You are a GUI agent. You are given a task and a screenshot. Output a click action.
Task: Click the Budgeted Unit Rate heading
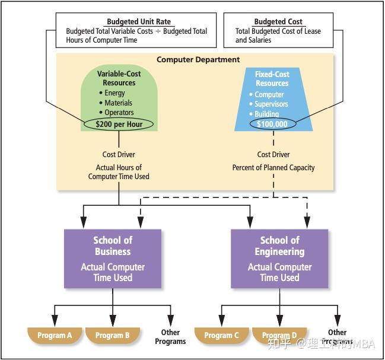click(138, 22)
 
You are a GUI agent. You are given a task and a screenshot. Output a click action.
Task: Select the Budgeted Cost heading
click(278, 22)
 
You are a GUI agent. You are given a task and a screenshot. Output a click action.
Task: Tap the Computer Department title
click(198, 59)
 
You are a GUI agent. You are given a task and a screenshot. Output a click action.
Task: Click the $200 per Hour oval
click(119, 123)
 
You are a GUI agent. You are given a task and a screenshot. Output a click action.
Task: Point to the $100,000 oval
click(272, 124)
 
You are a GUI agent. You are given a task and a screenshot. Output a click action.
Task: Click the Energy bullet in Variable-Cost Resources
click(114, 93)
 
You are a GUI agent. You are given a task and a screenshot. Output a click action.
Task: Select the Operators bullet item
click(119, 112)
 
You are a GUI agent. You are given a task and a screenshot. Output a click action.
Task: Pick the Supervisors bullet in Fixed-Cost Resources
click(271, 104)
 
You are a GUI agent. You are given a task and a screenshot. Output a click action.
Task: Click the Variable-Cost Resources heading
click(119, 78)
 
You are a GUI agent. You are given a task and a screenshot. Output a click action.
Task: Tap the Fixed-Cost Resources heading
click(272, 79)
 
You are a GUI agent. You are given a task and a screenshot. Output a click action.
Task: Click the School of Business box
click(113, 258)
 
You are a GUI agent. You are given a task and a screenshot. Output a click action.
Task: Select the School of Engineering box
click(279, 258)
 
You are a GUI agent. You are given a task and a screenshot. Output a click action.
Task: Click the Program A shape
click(55, 335)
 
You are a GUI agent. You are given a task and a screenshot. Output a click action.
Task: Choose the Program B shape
click(113, 335)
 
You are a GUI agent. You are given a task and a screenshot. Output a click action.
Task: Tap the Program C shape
click(222, 335)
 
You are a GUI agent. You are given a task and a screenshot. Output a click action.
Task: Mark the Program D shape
click(279, 335)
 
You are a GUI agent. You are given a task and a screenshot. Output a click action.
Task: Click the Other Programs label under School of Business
click(170, 337)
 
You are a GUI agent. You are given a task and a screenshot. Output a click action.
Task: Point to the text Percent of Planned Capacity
click(273, 168)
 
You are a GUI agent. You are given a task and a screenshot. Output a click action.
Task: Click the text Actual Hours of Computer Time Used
click(119, 172)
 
